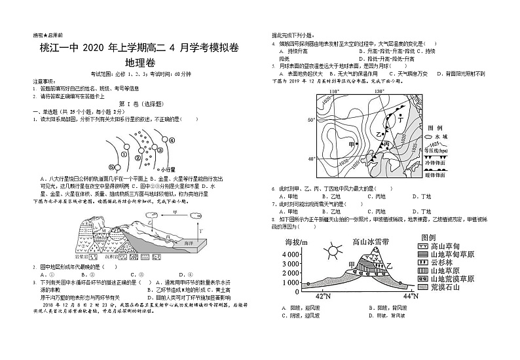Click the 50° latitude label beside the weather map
pyautogui.click(x=311, y=120)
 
